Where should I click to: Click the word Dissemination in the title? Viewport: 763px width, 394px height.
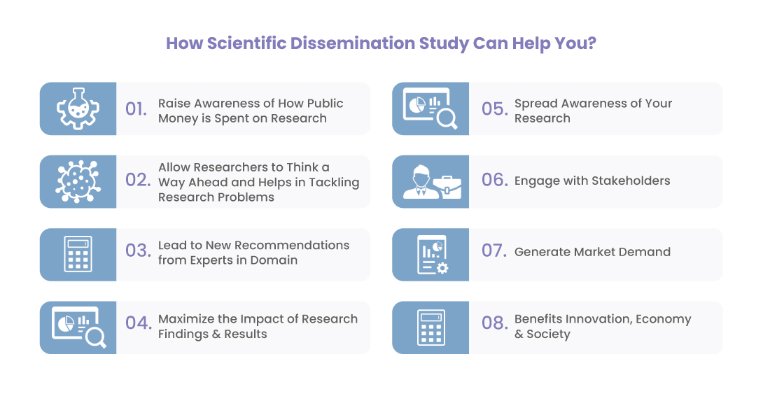(352, 43)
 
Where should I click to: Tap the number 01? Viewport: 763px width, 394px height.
(136, 109)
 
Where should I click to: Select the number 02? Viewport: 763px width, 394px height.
(138, 180)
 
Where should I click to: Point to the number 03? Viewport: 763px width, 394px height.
(138, 251)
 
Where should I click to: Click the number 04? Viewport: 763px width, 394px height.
(139, 323)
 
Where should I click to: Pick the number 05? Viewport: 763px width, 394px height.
(495, 109)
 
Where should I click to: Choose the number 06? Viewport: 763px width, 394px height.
(495, 180)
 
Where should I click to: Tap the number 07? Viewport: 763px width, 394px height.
(494, 251)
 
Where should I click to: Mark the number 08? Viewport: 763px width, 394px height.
(495, 323)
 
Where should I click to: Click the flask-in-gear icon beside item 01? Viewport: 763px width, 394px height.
(78, 108)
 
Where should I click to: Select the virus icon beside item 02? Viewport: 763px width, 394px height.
(78, 181)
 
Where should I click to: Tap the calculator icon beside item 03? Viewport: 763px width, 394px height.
(78, 254)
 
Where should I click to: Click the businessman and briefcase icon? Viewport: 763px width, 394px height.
(432, 182)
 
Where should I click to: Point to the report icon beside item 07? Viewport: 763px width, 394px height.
(433, 255)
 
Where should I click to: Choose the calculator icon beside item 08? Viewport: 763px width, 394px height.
(431, 328)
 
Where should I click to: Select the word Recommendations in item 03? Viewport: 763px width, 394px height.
(292, 245)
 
